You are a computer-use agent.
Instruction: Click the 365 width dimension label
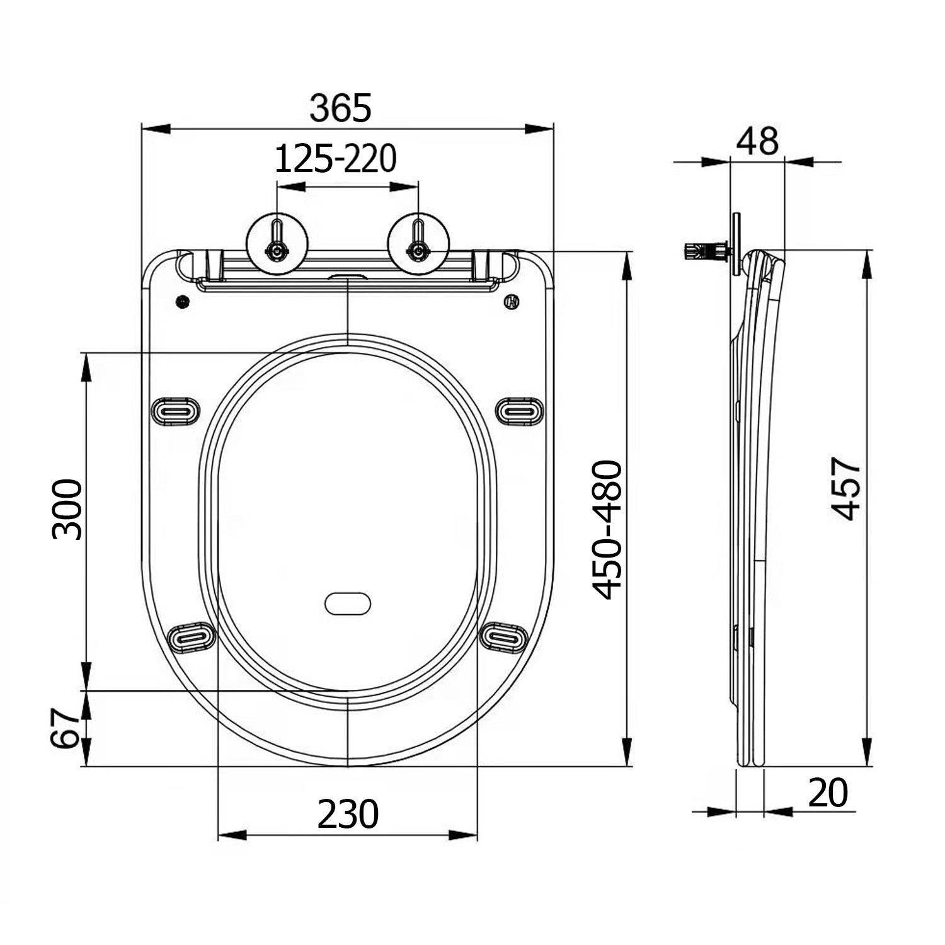[341, 108]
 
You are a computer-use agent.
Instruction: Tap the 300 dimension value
[67, 509]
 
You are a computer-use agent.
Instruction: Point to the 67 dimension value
[66, 728]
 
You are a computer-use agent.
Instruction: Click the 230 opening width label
[348, 814]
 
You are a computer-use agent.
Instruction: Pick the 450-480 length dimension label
[607, 530]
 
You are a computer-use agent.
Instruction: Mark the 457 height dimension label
[845, 490]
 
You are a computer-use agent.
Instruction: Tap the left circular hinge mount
[277, 243]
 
